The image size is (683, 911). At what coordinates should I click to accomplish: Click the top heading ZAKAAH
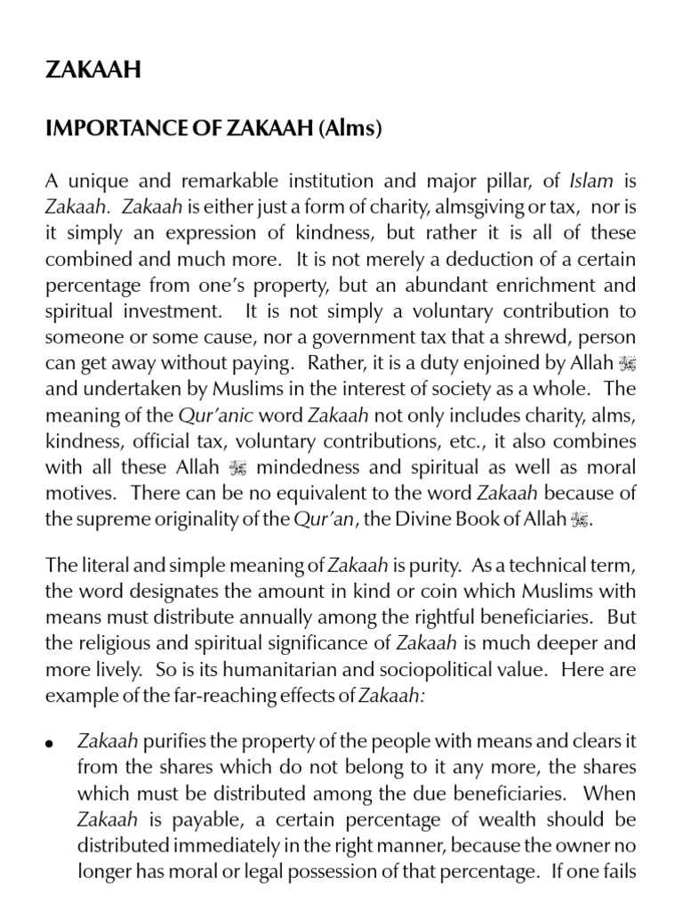coord(92,70)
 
